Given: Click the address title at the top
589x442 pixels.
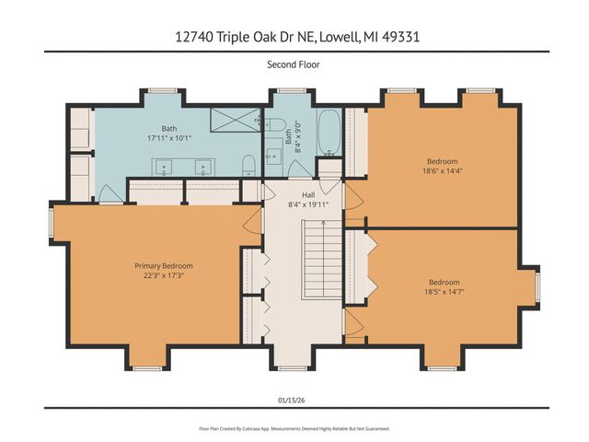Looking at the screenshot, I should coord(294,38).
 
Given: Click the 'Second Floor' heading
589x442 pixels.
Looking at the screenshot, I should coord(294,65).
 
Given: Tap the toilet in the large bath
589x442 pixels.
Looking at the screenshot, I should coord(247,165).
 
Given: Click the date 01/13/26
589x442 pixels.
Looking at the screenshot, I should coord(294,398).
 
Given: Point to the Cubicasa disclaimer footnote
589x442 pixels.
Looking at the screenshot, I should coord(294,428).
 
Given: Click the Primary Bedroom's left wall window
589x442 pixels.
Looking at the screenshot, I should coord(52,221).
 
